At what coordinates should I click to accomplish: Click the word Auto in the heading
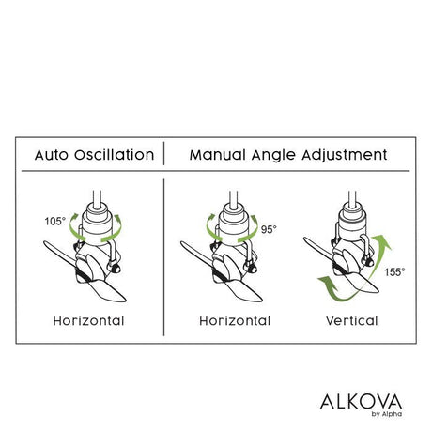click(52, 155)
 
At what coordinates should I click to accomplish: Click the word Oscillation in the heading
click(115, 155)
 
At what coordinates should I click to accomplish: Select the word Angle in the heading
click(273, 156)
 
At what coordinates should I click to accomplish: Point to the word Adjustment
click(345, 156)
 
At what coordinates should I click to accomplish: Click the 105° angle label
click(55, 222)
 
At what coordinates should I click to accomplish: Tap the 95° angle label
click(269, 229)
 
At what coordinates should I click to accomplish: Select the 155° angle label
click(394, 272)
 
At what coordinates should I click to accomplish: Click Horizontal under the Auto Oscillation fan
click(88, 321)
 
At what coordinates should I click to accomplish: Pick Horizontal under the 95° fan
click(235, 321)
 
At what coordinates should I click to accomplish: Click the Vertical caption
click(352, 321)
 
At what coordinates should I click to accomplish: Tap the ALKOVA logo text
click(361, 402)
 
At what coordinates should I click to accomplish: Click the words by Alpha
click(387, 414)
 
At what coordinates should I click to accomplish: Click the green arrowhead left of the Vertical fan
click(326, 281)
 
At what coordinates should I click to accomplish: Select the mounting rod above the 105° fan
click(97, 197)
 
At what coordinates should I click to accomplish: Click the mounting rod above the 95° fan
click(234, 197)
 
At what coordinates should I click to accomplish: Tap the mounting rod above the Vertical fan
click(352, 196)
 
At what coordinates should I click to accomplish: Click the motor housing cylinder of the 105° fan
click(98, 224)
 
